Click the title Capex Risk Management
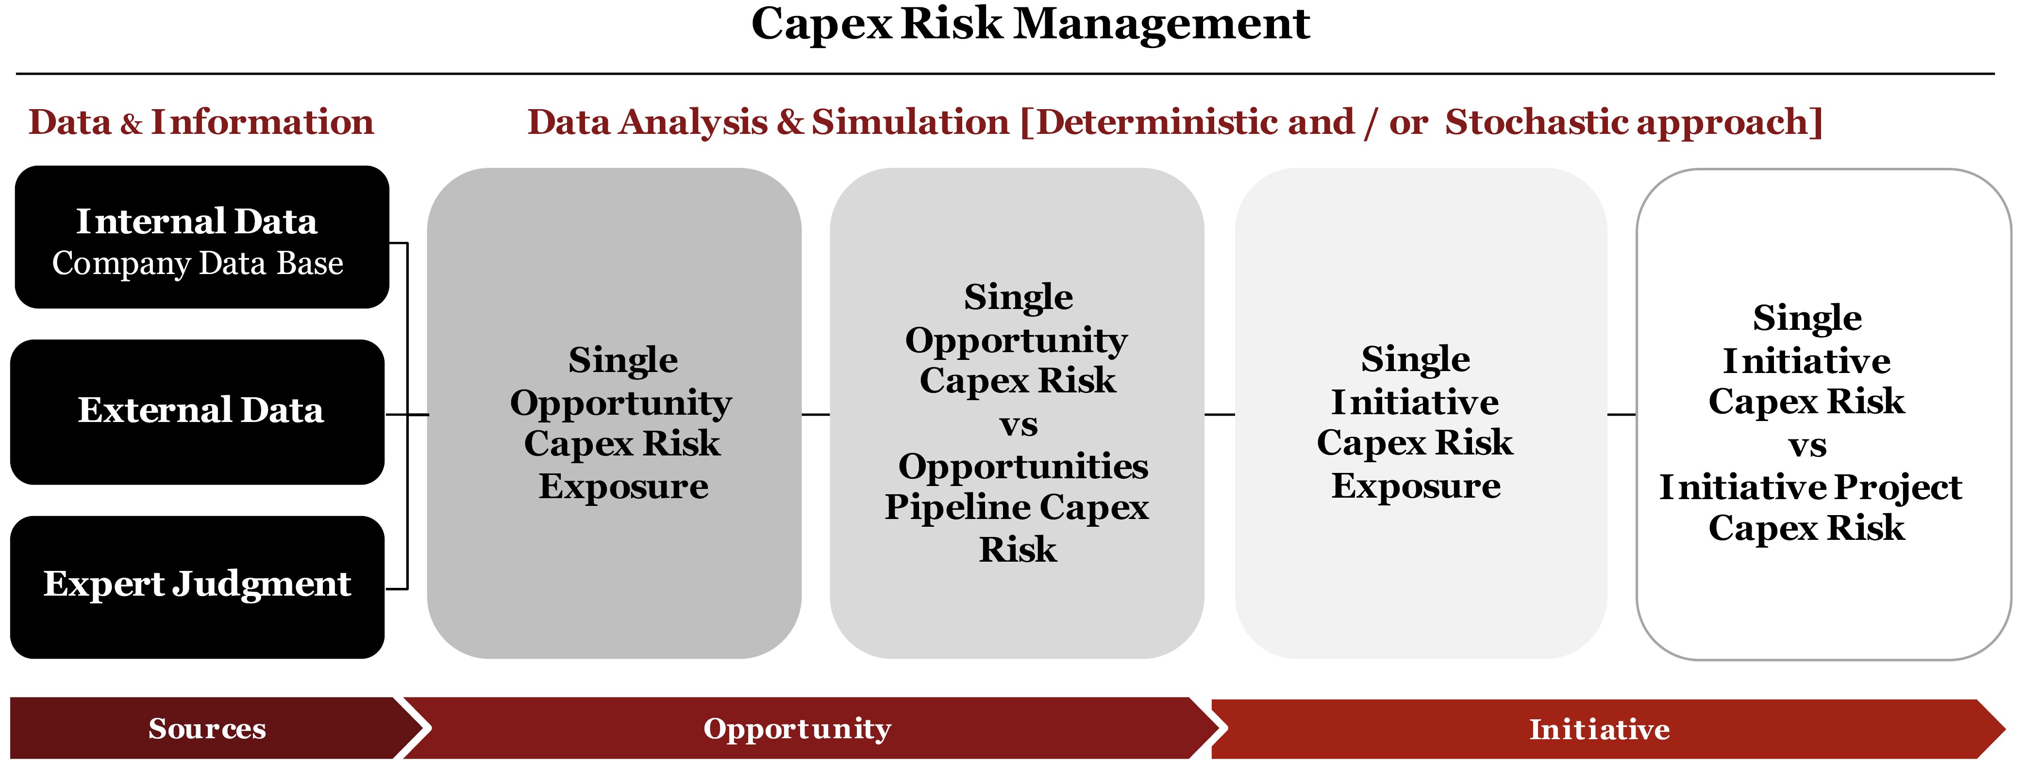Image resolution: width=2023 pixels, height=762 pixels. point(1030,24)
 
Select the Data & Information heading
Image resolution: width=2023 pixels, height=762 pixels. point(201,122)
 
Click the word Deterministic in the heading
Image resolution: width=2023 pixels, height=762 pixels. point(1195,122)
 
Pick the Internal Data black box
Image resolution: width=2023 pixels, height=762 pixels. point(202,237)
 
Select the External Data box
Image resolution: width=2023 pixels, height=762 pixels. point(197,412)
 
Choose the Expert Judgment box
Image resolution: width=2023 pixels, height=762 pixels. point(197,587)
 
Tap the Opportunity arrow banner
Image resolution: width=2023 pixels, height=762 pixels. point(809,728)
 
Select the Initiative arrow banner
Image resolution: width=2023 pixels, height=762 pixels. point(1606,729)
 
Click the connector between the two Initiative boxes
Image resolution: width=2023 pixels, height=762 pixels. point(1622,414)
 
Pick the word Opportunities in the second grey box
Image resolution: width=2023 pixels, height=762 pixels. point(1023,466)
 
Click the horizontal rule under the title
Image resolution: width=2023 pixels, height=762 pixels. point(1005,74)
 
